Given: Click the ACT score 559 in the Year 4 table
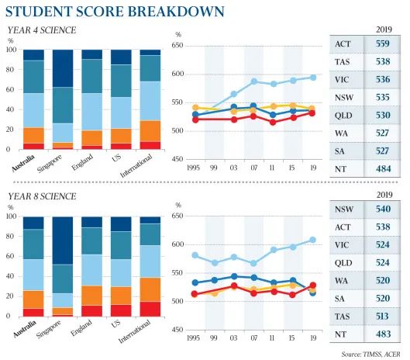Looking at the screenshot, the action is tap(383, 43).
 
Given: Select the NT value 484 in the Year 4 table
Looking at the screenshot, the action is tap(383, 169).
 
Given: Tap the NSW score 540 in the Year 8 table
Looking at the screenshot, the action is tap(383, 209).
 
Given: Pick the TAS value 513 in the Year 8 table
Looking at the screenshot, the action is tap(382, 317).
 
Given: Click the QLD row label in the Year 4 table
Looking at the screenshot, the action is tap(343, 116).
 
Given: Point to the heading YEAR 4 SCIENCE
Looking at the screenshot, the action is tap(42, 30).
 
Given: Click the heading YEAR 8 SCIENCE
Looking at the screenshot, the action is tap(42, 196).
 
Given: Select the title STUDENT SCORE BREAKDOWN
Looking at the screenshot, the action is tap(115, 12).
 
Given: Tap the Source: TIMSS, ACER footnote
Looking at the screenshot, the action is tap(370, 355).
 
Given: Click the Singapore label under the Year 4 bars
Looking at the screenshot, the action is tap(50, 164).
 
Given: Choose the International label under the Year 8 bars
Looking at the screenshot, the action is tap(135, 331).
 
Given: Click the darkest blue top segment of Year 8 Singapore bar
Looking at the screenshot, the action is tap(63, 241).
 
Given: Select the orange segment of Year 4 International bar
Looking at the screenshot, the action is tap(150, 131).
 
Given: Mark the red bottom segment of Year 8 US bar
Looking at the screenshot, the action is tap(121, 311).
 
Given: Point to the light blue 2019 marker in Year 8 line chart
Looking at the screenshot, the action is tap(312, 240).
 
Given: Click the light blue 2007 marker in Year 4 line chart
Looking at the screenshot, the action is tap(253, 81).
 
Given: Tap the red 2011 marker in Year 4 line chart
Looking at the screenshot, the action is tap(273, 122).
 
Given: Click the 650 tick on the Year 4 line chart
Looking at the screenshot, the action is tap(177, 46).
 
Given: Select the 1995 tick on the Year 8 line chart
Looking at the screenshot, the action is tap(193, 338).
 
